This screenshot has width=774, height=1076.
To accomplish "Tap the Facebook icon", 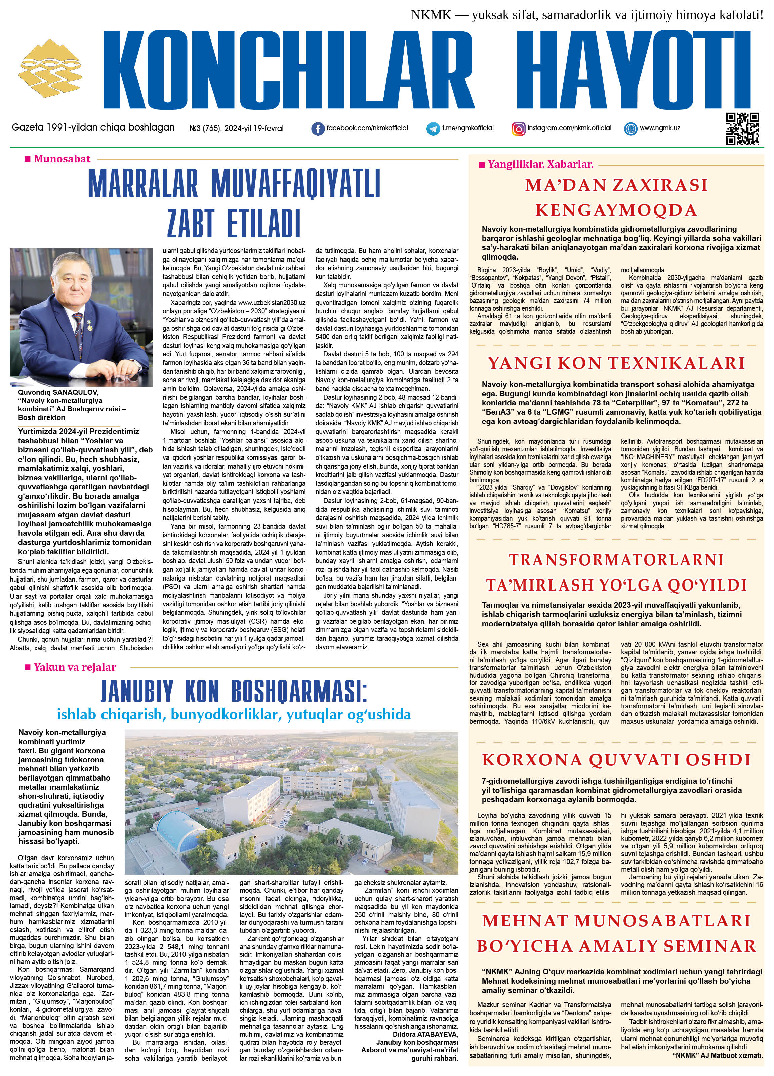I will coord(318,128).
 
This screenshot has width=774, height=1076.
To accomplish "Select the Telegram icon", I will coord(433,128).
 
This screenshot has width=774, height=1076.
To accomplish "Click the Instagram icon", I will coord(519,128).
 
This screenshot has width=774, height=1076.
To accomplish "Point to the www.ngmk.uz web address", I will coord(660,128).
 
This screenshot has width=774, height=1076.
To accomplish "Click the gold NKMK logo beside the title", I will coord(50,70).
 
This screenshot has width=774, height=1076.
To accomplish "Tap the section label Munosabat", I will coord(62,159).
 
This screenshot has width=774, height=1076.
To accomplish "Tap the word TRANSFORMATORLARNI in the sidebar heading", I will coord(616,559).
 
